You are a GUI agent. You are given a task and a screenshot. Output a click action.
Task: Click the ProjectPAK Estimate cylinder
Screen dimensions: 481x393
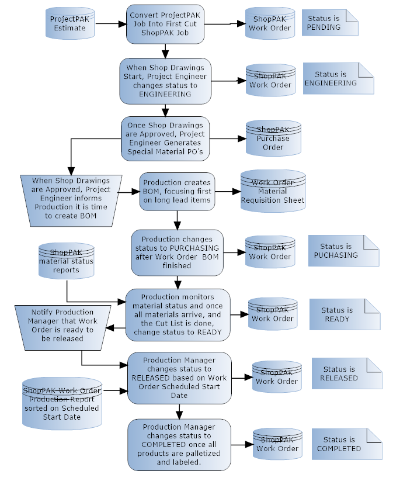click(x=69, y=24)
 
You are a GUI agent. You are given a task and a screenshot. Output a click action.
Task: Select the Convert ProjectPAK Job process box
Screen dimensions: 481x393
click(x=165, y=23)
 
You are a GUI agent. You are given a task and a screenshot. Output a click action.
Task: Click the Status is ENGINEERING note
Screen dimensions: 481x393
click(x=338, y=78)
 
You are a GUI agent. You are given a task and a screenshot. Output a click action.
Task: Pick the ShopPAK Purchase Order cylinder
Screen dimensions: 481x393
click(x=273, y=139)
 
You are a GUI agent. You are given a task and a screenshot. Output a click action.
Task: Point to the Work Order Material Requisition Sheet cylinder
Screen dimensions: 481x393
click(x=273, y=191)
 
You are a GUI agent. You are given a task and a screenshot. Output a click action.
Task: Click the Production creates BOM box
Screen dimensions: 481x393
click(x=177, y=191)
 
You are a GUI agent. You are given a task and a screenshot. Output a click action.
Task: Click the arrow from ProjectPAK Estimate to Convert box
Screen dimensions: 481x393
click(x=110, y=24)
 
